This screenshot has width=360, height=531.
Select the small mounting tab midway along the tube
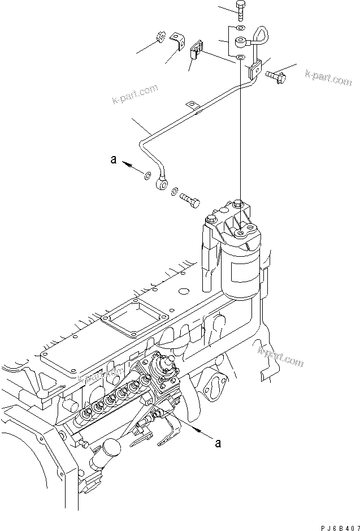(193, 105)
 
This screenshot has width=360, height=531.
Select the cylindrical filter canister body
(241, 269)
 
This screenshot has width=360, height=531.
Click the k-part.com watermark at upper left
(134, 96)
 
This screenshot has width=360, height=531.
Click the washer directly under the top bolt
(241, 28)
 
